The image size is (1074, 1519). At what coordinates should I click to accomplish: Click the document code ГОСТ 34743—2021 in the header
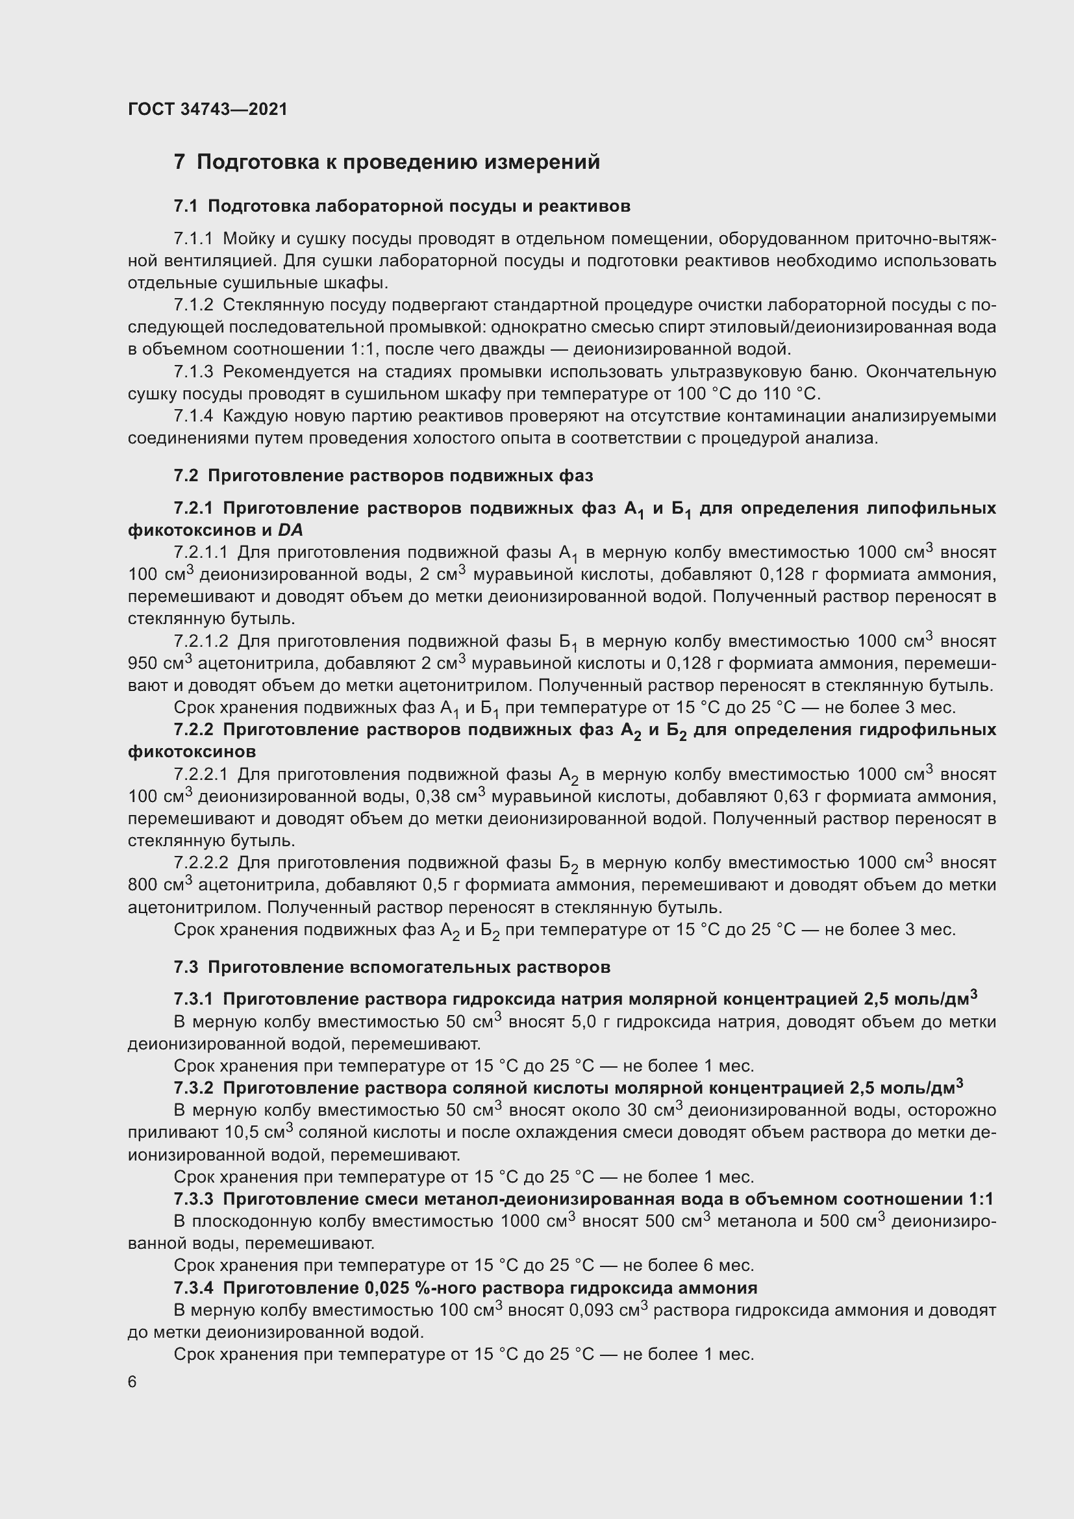(208, 109)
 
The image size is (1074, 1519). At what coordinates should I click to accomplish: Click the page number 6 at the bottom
(132, 1382)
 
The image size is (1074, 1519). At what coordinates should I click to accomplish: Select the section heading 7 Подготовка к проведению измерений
(387, 162)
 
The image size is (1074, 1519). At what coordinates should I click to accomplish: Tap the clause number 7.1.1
(193, 239)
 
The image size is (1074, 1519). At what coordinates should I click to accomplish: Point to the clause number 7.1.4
(193, 416)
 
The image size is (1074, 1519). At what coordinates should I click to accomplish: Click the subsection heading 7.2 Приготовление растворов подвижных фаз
(383, 475)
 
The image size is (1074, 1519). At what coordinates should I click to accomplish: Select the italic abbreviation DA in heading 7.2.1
(290, 530)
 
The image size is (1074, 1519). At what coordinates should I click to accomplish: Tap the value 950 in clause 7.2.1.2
(142, 663)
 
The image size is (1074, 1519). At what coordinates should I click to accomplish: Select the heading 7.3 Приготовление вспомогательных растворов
(392, 967)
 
